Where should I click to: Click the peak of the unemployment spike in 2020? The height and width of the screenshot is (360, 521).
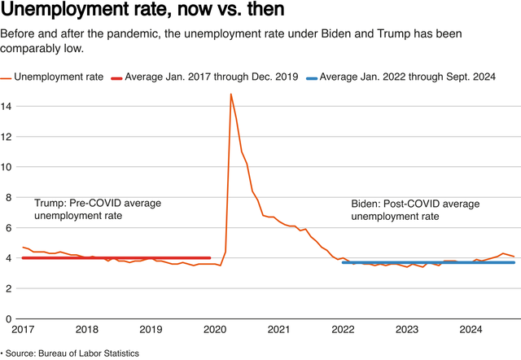[231, 94]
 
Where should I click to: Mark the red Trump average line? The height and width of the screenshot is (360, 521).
[114, 257]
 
